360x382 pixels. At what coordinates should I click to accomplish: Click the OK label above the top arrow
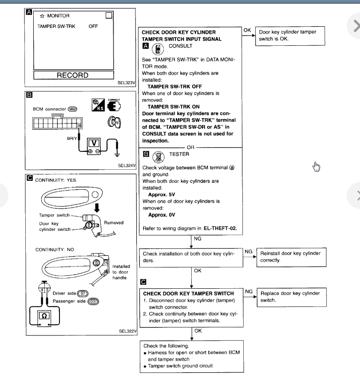[248, 30]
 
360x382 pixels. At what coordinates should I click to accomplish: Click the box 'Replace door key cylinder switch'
[291, 296]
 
